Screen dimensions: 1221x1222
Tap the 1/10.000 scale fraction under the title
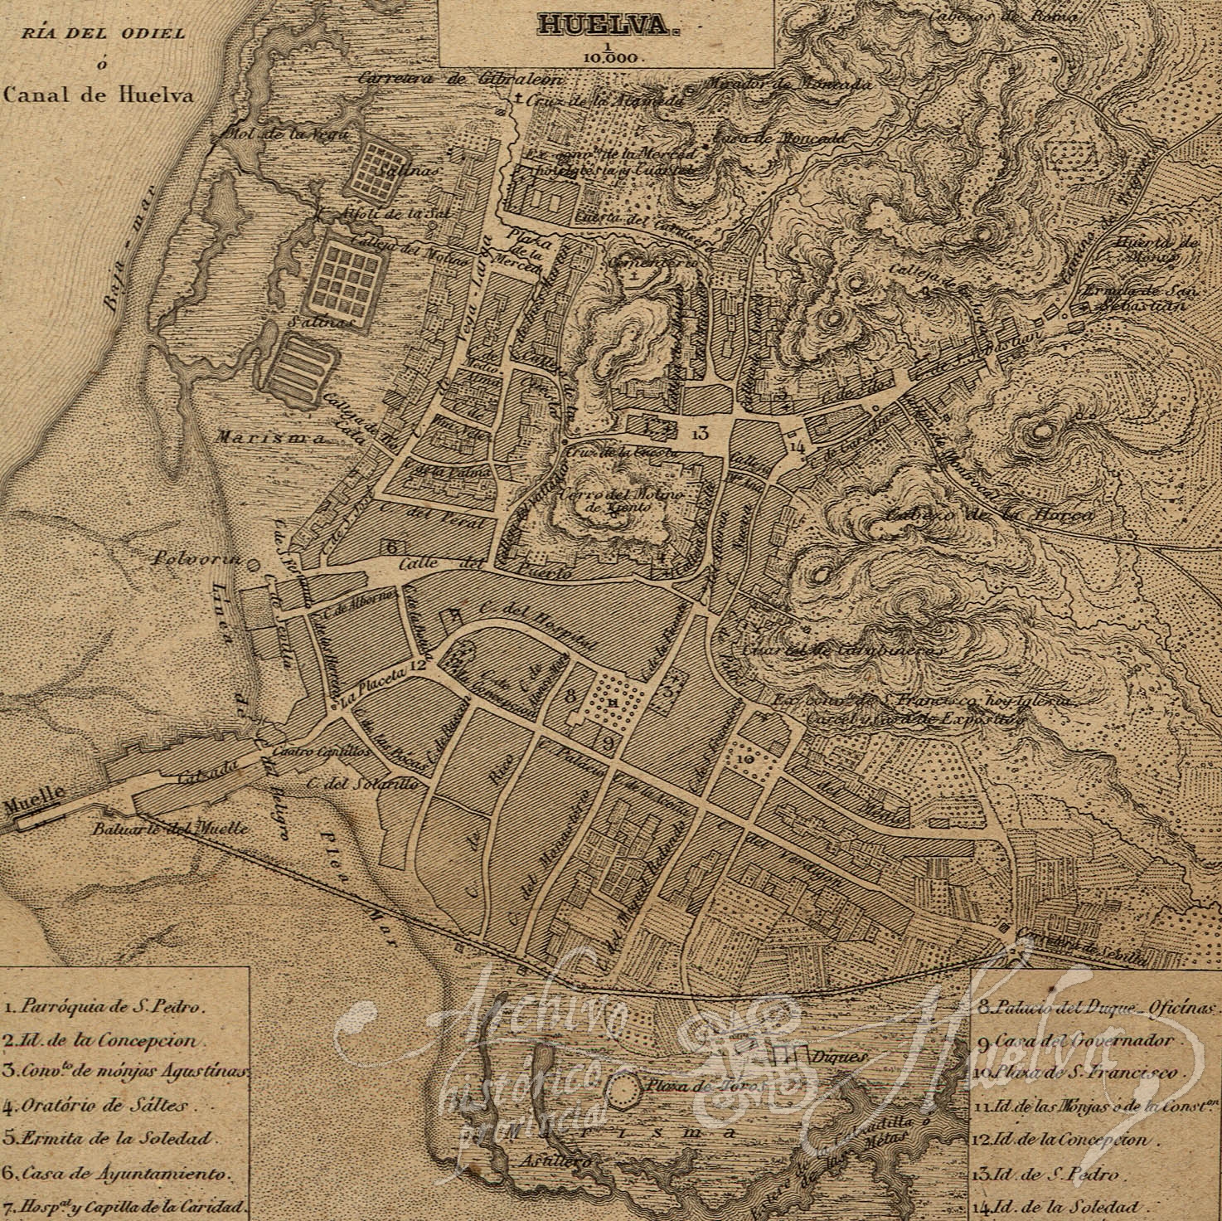click(x=607, y=52)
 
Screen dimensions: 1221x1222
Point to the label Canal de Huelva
click(x=98, y=95)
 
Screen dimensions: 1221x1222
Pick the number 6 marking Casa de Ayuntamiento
click(x=391, y=545)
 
